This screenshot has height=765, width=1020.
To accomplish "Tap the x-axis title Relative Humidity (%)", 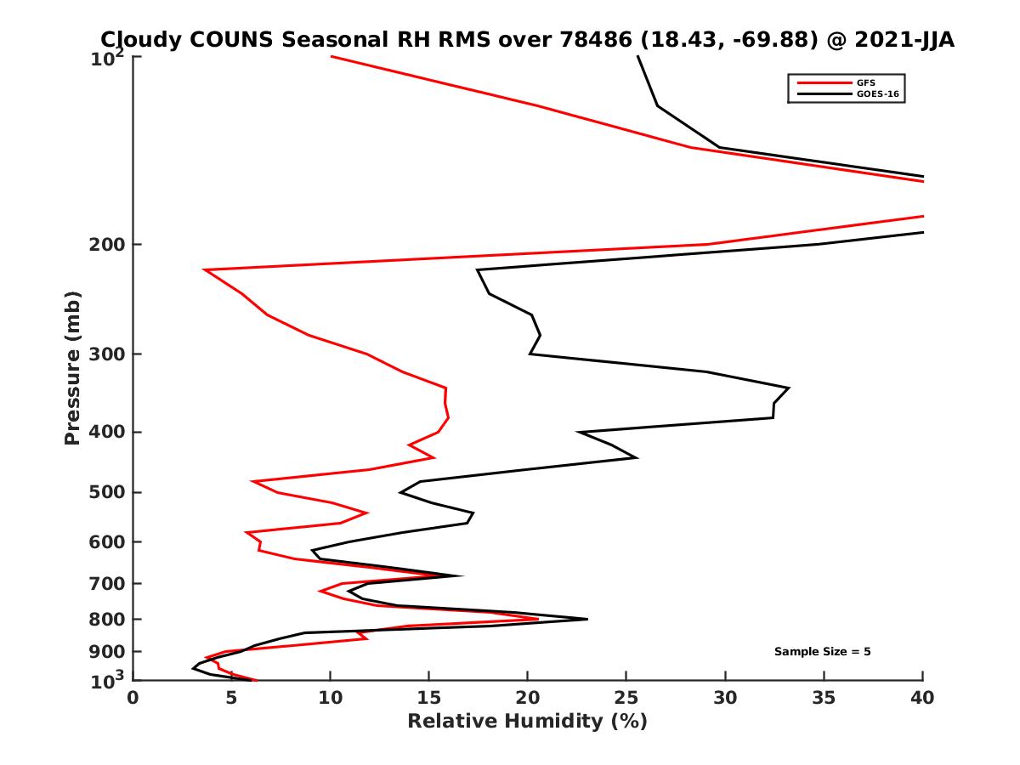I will pos(527,722).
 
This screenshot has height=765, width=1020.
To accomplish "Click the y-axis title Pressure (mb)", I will pos(72,367).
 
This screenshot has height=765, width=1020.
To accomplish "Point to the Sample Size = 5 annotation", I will pos(822,652).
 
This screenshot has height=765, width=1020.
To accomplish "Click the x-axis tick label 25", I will pos(626,699).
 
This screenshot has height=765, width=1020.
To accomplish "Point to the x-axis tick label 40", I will pos(922,699).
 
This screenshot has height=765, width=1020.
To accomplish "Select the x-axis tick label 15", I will pos(429,699).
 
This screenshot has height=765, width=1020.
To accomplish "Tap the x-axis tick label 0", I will pos(133,699).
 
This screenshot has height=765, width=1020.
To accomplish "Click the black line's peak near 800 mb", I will pos(586,619).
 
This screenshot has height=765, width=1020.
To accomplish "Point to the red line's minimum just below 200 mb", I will pos(204,270).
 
